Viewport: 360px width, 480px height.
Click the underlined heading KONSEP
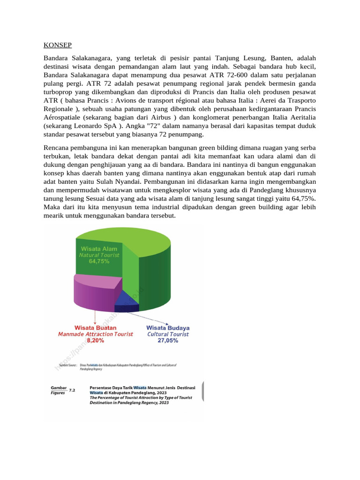[58, 45]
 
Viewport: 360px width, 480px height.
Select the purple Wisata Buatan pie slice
[94, 293]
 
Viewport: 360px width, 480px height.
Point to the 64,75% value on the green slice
[99, 262]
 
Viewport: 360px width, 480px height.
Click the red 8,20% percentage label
[95, 341]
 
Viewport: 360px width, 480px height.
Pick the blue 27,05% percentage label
[168, 341]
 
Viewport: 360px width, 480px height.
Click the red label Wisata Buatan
[96, 328]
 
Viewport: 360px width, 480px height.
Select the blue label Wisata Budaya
[168, 328]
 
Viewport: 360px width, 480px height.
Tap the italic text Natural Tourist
[99, 255]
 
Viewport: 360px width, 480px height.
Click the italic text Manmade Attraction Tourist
[96, 334]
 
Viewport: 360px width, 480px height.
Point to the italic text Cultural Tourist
[168, 334]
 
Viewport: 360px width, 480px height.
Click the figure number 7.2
[72, 390]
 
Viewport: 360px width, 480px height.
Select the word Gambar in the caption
[58, 388]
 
